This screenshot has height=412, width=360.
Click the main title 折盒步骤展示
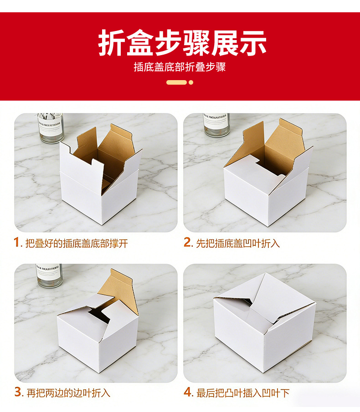coord(182,43)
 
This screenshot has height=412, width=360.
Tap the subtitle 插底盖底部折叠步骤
coord(180,67)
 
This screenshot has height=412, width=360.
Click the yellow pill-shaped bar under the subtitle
coord(176,82)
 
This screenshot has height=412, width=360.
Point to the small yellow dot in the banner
coord(191,82)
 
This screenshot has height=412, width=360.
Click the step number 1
coord(17,242)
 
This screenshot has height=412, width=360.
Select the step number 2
coord(187,242)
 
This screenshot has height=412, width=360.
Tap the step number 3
coord(18,392)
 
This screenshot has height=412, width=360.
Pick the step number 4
coord(187,392)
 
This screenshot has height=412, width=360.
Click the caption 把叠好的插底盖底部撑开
coord(77,243)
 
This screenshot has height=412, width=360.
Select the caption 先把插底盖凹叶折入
coord(238,243)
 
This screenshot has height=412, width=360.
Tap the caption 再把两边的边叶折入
coord(68,393)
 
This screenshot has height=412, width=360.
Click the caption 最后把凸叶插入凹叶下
coord(243,393)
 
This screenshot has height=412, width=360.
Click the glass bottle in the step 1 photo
coord(51,128)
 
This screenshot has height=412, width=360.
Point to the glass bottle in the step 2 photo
coord(216,125)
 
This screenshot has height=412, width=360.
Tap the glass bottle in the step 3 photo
coord(49,275)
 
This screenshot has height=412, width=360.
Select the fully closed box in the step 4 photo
coord(265,322)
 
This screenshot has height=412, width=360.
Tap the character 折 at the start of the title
coord(112,43)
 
